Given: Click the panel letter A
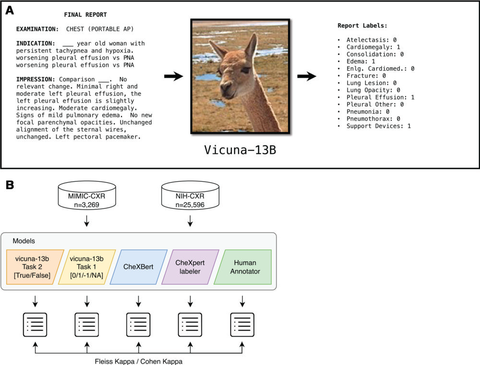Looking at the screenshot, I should click(x=9, y=10).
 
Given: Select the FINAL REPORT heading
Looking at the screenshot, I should click(x=85, y=15).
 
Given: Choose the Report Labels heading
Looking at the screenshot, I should click(x=362, y=25).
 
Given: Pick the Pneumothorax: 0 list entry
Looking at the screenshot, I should click(x=375, y=119).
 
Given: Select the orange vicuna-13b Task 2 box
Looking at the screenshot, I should click(x=35, y=267).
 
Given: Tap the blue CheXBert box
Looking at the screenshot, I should click(x=138, y=267).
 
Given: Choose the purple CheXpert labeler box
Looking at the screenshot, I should click(x=190, y=267).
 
